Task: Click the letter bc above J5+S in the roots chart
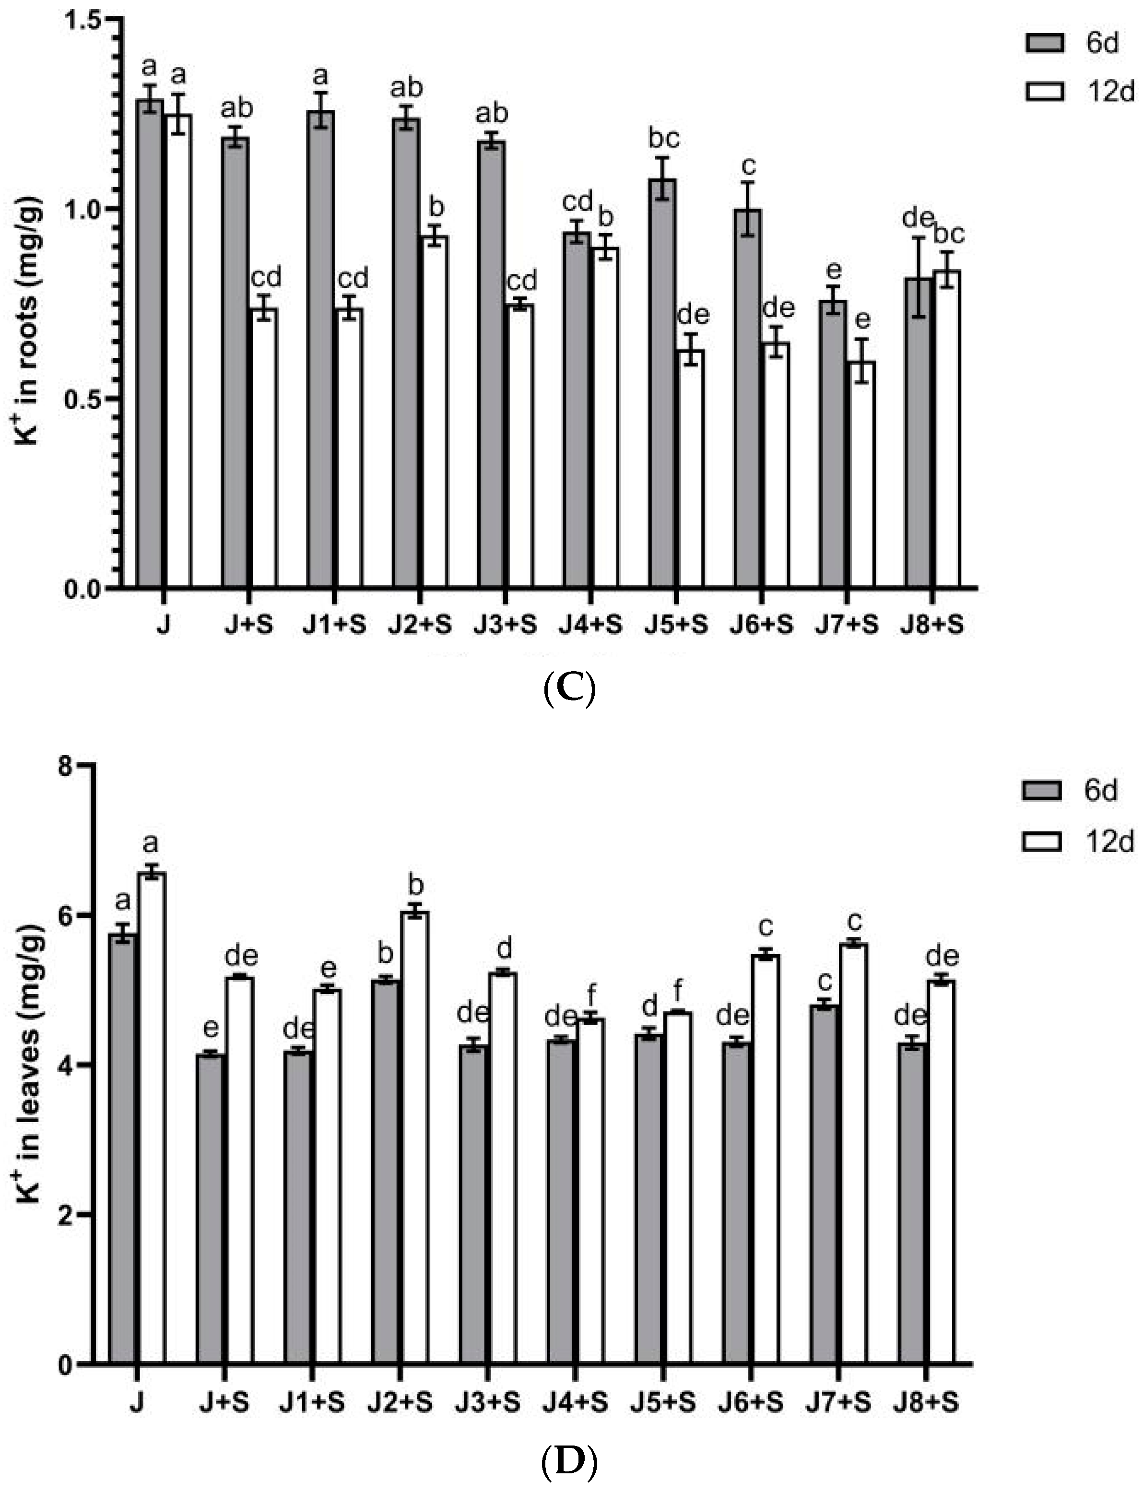coord(663,139)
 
